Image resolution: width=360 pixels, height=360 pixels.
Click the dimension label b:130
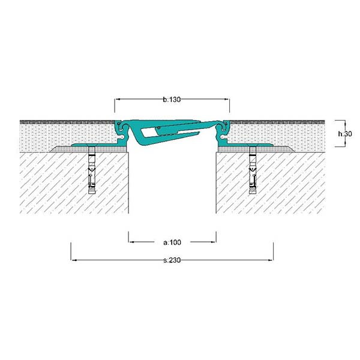pyautogui.click(x=172, y=100)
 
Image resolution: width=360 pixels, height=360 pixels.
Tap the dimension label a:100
pyautogui.click(x=172, y=242)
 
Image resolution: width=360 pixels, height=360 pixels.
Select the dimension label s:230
pyautogui.click(x=172, y=260)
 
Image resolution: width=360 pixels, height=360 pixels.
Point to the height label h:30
pyautogui.click(x=345, y=134)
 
